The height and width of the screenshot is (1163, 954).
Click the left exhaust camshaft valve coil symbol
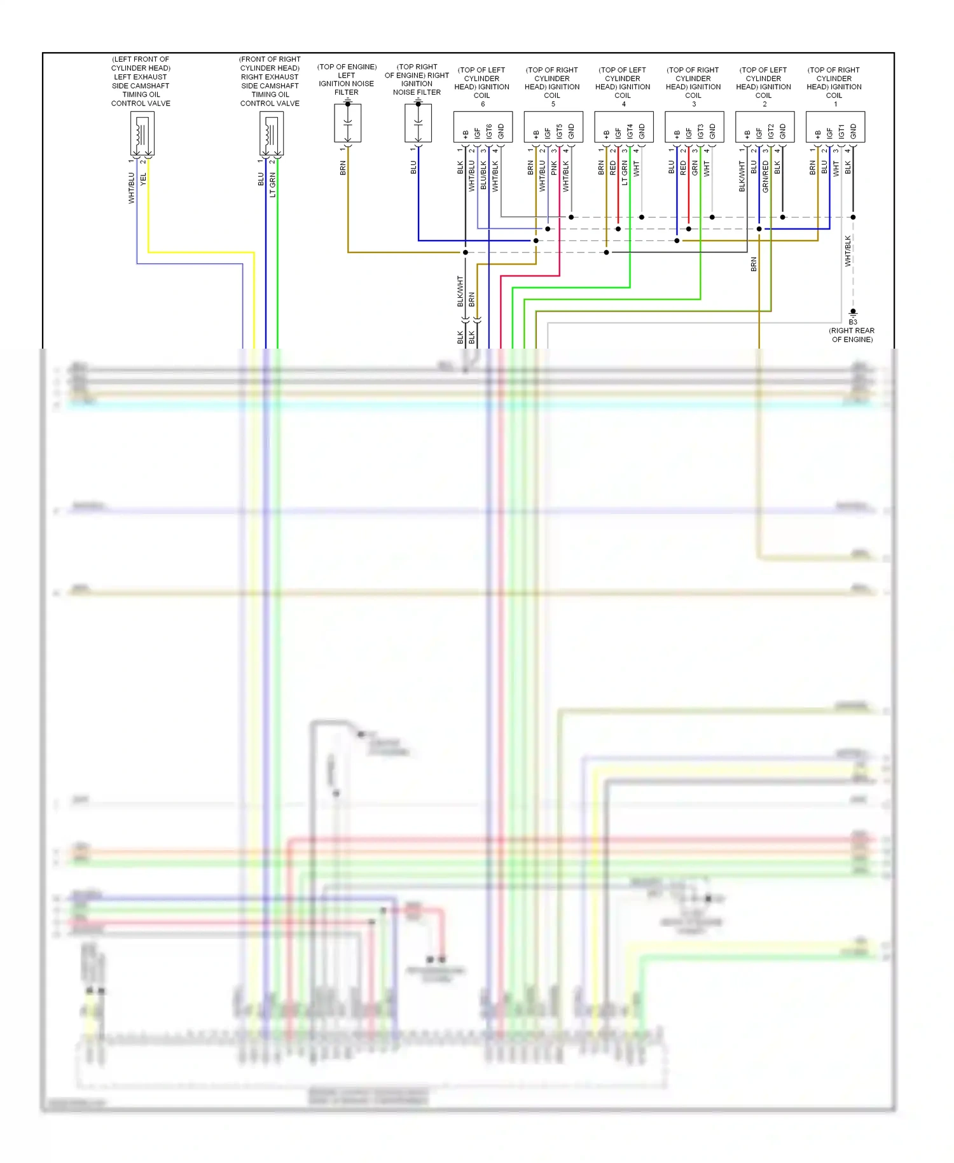tap(142, 134)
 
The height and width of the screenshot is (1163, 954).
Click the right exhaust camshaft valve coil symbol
tap(272, 134)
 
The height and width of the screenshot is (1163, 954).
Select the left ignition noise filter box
tap(348, 123)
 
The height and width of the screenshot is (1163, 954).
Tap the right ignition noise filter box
tap(418, 123)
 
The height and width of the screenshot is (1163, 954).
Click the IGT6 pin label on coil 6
tap(489, 132)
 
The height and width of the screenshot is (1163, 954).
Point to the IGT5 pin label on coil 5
tap(560, 132)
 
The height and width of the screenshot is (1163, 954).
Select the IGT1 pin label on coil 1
tap(841, 132)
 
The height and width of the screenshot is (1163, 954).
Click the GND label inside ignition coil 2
tap(783, 132)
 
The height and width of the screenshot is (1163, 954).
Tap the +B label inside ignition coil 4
tap(607, 134)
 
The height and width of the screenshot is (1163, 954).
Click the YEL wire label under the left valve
tap(144, 179)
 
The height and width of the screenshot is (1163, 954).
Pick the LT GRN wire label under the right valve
tap(273, 185)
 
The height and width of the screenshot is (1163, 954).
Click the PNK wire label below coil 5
tap(554, 169)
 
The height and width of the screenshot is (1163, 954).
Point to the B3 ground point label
tap(853, 322)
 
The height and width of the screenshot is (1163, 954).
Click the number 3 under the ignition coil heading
tap(694, 104)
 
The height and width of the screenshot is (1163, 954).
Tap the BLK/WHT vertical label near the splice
tap(460, 291)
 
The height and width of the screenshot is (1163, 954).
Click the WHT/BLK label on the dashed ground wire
tap(848, 251)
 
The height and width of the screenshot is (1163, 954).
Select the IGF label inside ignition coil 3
tap(689, 133)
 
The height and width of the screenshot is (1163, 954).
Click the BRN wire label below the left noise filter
tap(343, 168)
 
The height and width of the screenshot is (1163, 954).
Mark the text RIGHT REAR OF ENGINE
tap(852, 335)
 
